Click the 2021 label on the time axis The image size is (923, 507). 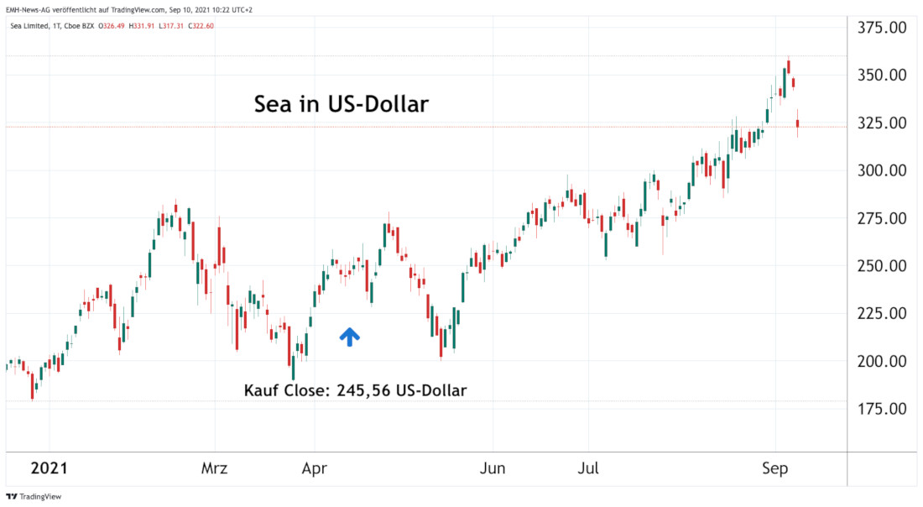click(x=50, y=468)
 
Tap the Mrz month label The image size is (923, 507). click(x=215, y=468)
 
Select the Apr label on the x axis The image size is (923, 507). click(x=314, y=468)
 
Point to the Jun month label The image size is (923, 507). click(x=493, y=468)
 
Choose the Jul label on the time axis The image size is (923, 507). click(x=588, y=468)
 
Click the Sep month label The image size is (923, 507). click(x=775, y=468)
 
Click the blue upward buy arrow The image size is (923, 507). click(x=350, y=337)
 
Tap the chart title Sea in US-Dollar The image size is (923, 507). click(x=342, y=105)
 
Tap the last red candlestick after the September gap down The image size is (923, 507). click(x=798, y=124)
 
